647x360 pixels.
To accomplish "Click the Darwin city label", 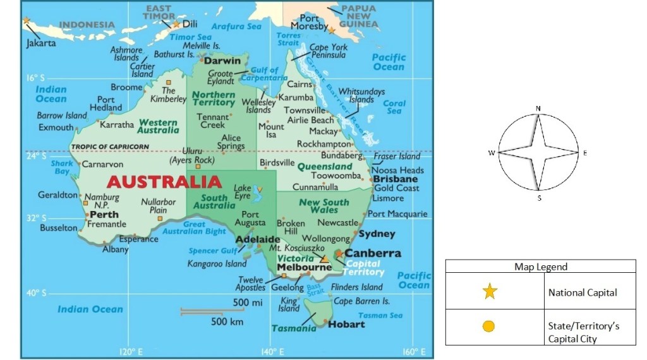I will [222, 61].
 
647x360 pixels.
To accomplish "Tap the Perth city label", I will [104, 215].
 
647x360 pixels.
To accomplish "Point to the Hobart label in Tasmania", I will [346, 324].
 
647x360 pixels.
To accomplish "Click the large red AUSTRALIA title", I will [164, 182].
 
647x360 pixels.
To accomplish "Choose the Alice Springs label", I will [231, 142].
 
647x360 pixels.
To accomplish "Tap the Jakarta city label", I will [41, 43].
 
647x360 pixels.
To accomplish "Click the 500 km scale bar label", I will [228, 321].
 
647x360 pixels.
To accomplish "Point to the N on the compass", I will [538, 108].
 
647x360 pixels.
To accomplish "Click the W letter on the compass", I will [491, 153].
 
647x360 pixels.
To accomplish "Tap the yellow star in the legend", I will [490, 292].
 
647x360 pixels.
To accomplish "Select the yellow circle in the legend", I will [488, 327].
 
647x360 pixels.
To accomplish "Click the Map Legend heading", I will [540, 267].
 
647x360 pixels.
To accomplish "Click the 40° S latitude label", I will [36, 293].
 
